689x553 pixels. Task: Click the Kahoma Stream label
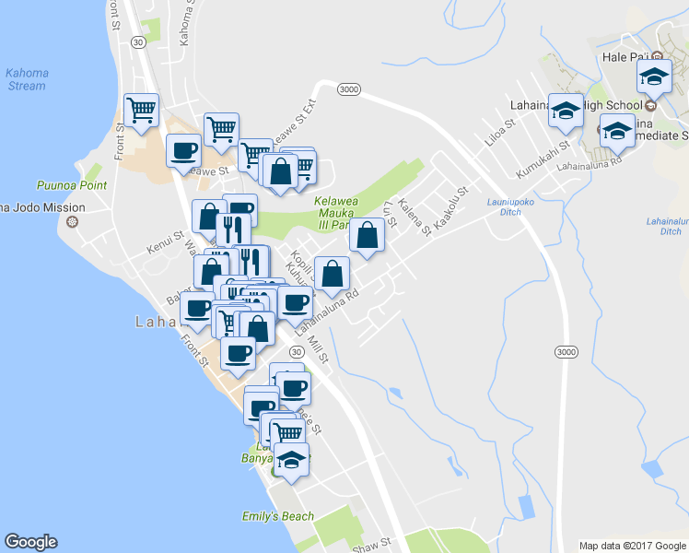pos(25,79)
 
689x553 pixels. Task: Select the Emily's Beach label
pos(277,516)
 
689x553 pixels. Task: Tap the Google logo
pos(30,542)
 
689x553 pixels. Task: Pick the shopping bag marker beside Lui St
pos(367,235)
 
